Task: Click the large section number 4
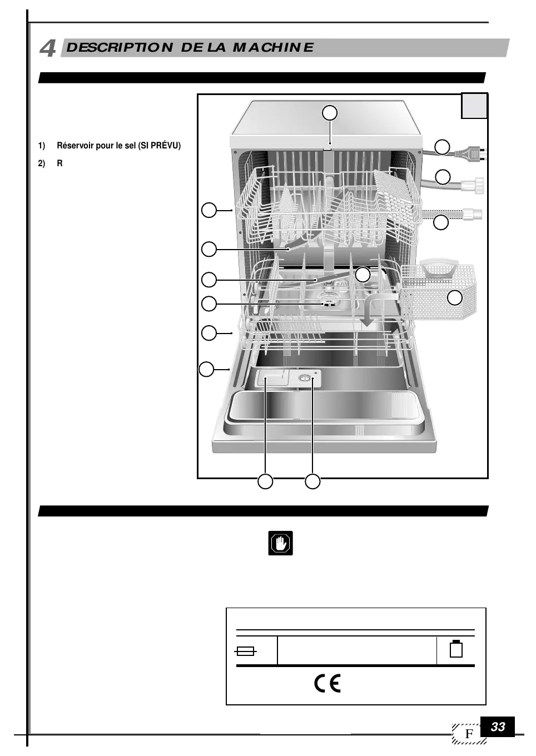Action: (48, 48)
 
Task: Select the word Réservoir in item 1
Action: (76, 146)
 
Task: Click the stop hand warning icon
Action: (280, 543)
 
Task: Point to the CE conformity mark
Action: (327, 683)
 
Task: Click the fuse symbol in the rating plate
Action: (245, 651)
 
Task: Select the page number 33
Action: (498, 727)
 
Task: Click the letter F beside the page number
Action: (469, 734)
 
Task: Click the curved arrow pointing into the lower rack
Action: (373, 309)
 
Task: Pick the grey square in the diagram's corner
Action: (474, 106)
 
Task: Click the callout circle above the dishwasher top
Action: (330, 113)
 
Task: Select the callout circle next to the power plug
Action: (442, 147)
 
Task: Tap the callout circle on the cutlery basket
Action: (455, 298)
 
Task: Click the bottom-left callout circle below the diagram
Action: (265, 481)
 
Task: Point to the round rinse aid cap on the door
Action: (305, 378)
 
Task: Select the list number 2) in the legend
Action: (42, 164)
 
